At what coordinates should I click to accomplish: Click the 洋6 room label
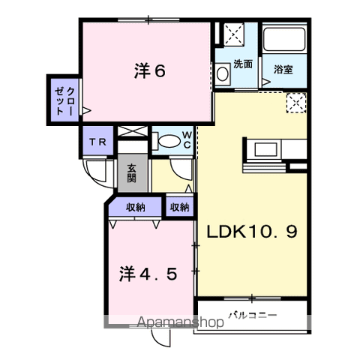coord(150,70)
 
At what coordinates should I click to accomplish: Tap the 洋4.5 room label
coord(148,274)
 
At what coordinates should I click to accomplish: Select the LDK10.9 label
coord(252,232)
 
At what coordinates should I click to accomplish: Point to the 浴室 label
coord(283,69)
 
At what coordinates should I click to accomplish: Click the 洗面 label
coord(243,64)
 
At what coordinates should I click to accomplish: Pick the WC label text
coord(187,140)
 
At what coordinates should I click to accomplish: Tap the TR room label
coord(98,142)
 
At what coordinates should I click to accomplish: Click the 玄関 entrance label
coord(132,173)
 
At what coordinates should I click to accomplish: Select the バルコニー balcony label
coord(253,315)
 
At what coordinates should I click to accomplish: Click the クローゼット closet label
coord(64,101)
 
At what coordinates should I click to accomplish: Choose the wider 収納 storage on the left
coord(135,207)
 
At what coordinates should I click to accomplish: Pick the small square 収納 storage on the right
coord(180,207)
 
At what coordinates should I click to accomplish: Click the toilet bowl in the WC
coord(169,142)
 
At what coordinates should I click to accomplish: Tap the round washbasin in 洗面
coord(222,73)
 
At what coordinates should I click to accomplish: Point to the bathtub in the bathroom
coord(284,39)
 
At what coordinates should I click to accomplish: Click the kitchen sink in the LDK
coord(265,149)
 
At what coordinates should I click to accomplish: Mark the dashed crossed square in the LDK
coord(296,103)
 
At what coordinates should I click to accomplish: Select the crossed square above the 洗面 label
coord(234,34)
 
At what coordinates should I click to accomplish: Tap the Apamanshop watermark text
coord(180,322)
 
